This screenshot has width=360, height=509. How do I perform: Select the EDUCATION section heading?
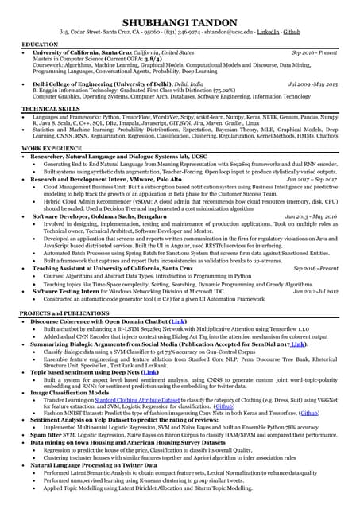click(x=39, y=45)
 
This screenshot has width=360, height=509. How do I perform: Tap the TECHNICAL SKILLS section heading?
click(x=51, y=108)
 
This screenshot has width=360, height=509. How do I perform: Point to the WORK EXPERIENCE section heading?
click(x=51, y=149)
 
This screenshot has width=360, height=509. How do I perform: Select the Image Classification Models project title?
click(x=70, y=392)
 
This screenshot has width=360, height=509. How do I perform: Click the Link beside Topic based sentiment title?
click(x=149, y=371)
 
